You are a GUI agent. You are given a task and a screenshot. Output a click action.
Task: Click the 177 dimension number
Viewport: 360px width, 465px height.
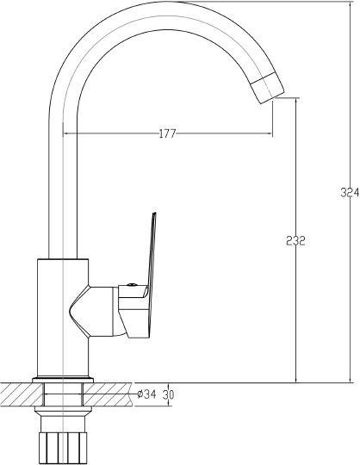click(x=169, y=133)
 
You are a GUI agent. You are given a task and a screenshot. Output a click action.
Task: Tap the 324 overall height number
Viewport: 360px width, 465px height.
click(x=350, y=194)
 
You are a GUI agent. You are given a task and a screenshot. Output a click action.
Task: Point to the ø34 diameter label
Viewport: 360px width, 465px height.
click(x=146, y=394)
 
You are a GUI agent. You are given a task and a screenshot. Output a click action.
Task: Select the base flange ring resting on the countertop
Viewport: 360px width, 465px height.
click(x=61, y=379)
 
